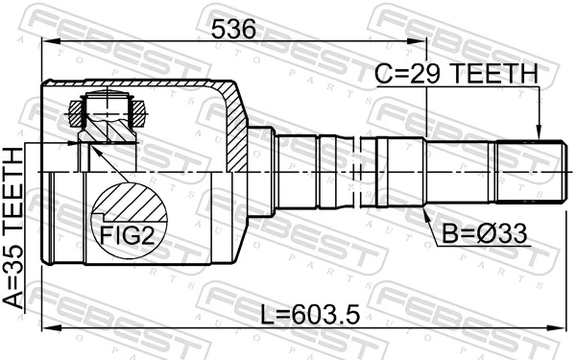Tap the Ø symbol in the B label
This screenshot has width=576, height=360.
(477, 233)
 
